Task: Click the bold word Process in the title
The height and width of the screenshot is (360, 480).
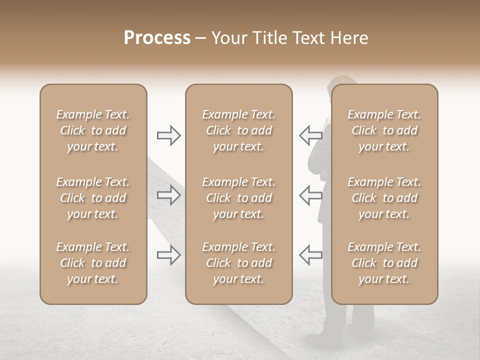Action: click(157, 38)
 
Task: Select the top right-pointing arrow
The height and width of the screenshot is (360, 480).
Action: click(168, 135)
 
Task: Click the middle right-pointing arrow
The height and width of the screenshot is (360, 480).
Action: click(168, 195)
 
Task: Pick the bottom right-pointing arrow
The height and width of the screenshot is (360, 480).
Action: click(168, 255)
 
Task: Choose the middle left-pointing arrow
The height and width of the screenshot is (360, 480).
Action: click(310, 195)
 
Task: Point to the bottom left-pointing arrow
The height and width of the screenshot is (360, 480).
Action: click(310, 255)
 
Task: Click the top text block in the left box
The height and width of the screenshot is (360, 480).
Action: click(93, 130)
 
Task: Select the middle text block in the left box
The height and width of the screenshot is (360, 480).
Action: click(93, 198)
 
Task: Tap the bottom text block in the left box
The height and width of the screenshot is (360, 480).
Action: click(93, 263)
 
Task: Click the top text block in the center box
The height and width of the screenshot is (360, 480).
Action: click(239, 130)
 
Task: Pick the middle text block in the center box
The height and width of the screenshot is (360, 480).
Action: click(239, 198)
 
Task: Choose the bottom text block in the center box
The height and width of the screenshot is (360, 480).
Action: click(239, 263)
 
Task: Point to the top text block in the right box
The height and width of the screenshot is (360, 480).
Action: click(384, 130)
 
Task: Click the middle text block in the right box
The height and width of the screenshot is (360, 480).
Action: click(384, 198)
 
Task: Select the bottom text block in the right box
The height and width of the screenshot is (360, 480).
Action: click(384, 263)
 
